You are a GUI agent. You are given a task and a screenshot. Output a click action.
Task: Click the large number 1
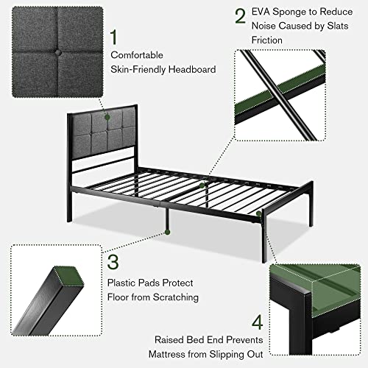click(113, 36)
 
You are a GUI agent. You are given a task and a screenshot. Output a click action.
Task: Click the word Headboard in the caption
click(194, 69)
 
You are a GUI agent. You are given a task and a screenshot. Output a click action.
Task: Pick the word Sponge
click(301, 13)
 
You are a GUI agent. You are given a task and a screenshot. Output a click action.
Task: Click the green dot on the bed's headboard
click(107, 116)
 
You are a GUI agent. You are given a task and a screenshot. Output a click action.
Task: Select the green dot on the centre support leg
click(168, 231)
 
